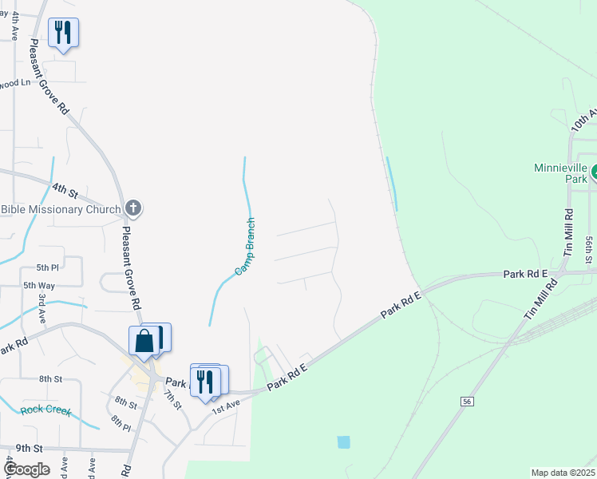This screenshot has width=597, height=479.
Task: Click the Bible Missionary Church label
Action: [x=60, y=210]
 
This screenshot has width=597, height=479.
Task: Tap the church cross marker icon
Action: [x=133, y=209]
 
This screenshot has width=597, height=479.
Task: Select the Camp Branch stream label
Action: [x=245, y=247]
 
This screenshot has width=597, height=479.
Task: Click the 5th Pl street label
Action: [x=47, y=267]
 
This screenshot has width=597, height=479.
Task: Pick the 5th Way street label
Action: [x=38, y=285]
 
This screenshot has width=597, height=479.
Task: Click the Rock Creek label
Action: [x=45, y=412]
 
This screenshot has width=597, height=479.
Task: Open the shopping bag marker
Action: [x=144, y=341]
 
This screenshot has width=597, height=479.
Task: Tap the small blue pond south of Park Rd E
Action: [x=344, y=441]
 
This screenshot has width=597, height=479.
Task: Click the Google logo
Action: [x=26, y=469]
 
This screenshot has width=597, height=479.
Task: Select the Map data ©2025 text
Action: [x=562, y=473]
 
